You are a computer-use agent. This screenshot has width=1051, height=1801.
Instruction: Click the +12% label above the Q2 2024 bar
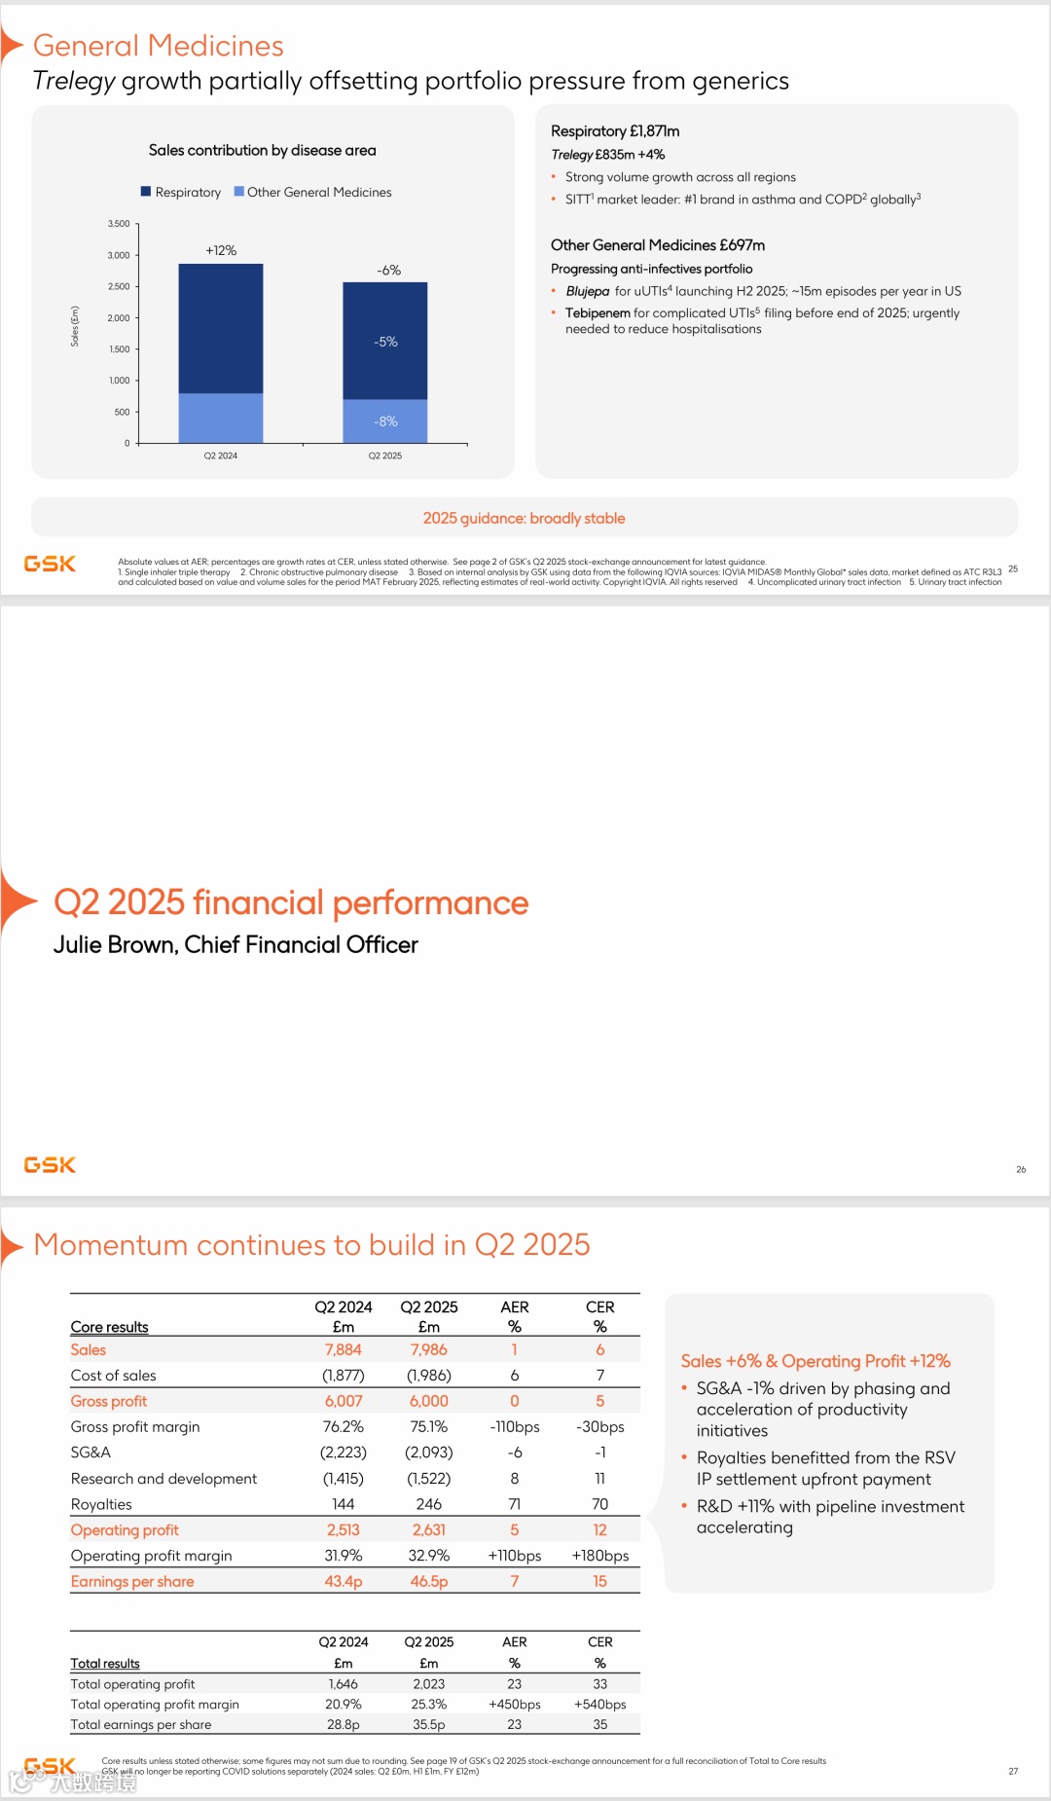point(221,250)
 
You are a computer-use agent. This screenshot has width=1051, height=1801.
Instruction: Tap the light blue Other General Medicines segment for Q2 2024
point(221,418)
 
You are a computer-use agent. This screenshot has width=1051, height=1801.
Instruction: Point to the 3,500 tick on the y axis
point(119,224)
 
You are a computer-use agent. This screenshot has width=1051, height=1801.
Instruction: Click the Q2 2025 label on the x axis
point(385,456)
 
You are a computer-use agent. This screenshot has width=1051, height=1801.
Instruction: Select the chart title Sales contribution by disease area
point(262,150)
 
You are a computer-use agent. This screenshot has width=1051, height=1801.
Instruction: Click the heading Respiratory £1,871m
point(615,130)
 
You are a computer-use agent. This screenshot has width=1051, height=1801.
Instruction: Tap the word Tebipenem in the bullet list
point(598,312)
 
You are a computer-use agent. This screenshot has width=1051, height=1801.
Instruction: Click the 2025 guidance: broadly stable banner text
point(524,518)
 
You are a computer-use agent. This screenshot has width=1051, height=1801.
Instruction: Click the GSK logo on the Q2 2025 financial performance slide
point(50,1164)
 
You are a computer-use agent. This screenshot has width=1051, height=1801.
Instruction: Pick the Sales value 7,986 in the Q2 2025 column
point(429,1349)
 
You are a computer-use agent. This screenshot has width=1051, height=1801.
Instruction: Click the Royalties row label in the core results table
point(101,1504)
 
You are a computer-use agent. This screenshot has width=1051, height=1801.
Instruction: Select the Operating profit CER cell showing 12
point(599,1529)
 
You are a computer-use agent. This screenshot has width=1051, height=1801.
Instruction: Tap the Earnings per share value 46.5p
point(429,1581)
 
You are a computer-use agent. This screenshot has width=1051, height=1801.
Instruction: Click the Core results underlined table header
point(109,1327)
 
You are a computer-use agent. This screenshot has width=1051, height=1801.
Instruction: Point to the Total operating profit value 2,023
point(429,1683)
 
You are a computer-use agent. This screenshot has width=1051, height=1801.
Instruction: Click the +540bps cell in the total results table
point(599,1704)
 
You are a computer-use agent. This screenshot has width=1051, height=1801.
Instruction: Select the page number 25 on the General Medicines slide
point(1013,569)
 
